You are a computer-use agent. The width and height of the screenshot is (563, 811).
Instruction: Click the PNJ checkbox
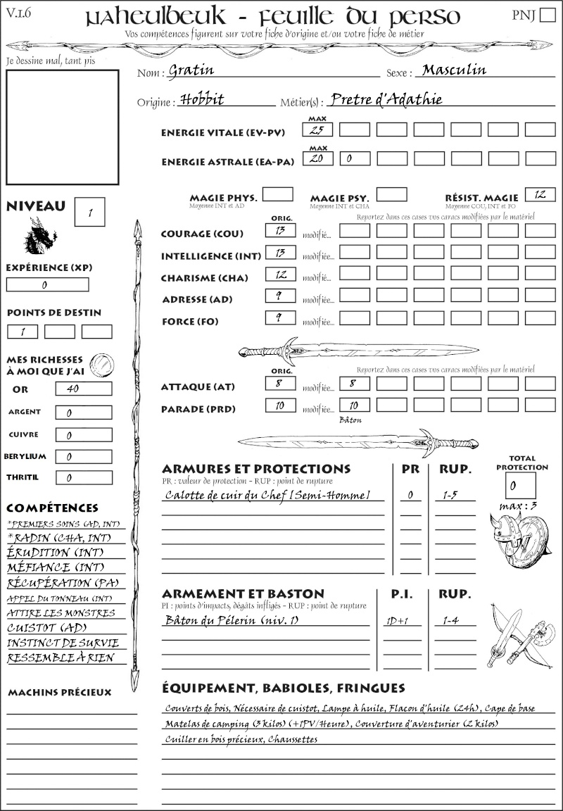click(x=547, y=15)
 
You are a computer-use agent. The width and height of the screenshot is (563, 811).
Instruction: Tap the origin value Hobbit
click(x=201, y=99)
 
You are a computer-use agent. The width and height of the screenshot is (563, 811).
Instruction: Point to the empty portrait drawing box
click(x=62, y=127)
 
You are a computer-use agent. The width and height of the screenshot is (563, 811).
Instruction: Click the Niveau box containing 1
click(x=91, y=210)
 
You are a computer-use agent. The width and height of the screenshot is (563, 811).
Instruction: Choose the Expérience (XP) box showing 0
click(x=47, y=284)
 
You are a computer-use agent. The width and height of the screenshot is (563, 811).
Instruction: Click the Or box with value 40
click(x=83, y=389)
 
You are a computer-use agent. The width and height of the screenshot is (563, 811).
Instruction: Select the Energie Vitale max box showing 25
click(x=318, y=130)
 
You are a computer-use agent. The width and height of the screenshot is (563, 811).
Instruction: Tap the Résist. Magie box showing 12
click(x=540, y=194)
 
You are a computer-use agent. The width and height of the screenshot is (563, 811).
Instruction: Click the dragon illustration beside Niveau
click(x=40, y=235)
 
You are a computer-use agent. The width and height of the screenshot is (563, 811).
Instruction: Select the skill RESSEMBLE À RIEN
click(x=60, y=659)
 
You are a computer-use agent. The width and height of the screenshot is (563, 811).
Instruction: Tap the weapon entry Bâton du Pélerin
click(x=232, y=620)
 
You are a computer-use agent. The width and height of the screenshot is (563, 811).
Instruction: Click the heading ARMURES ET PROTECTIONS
click(x=255, y=469)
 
